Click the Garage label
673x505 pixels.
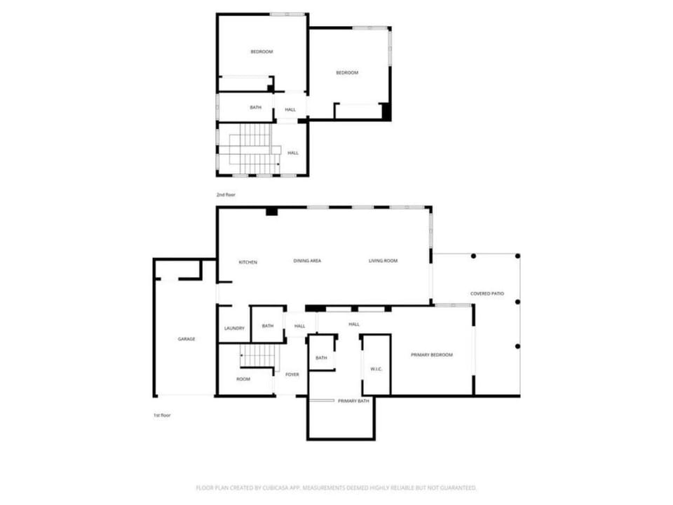tap(186, 339)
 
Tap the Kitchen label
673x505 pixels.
tap(248, 262)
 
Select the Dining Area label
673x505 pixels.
tap(307, 261)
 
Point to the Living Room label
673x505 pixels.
tap(383, 261)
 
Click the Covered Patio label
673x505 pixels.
tap(487, 294)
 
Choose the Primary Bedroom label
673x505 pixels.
tap(432, 355)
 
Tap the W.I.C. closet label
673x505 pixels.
tap(376, 370)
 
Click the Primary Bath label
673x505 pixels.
tap(353, 401)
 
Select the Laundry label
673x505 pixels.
tap(234, 328)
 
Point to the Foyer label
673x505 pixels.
tap(292, 375)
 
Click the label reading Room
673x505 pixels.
tap(243, 379)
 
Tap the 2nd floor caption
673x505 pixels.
tap(226, 195)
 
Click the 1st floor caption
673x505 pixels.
tap(162, 415)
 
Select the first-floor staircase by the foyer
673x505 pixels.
tap(257, 356)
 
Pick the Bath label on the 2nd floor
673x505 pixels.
tap(256, 107)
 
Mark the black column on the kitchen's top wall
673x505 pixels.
tap(272, 211)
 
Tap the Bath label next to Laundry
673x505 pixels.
tap(268, 326)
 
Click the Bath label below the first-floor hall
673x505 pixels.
tap(322, 358)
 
